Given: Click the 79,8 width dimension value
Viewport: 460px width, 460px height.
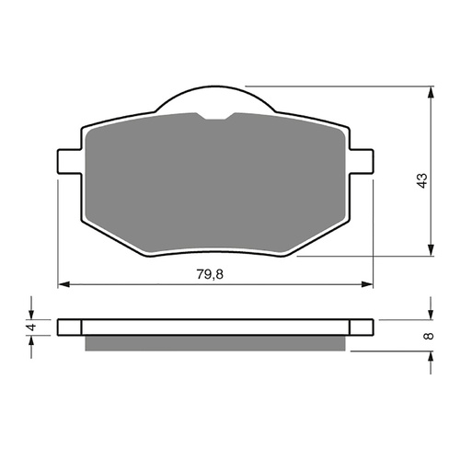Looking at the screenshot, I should click(214, 273).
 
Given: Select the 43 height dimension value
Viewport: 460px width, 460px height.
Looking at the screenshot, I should click(422, 180).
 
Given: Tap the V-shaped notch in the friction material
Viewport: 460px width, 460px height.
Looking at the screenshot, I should click(214, 116).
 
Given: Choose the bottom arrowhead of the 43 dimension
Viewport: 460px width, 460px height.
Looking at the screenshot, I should click(431, 251).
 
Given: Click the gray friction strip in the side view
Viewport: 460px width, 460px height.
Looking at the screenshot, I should click(214, 342).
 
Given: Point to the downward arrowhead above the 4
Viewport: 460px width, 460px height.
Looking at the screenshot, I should click(34, 313).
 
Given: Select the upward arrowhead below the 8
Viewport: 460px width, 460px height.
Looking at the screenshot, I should click(431, 357).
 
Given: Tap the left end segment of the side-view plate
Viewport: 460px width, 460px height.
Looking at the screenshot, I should click(69, 327).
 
